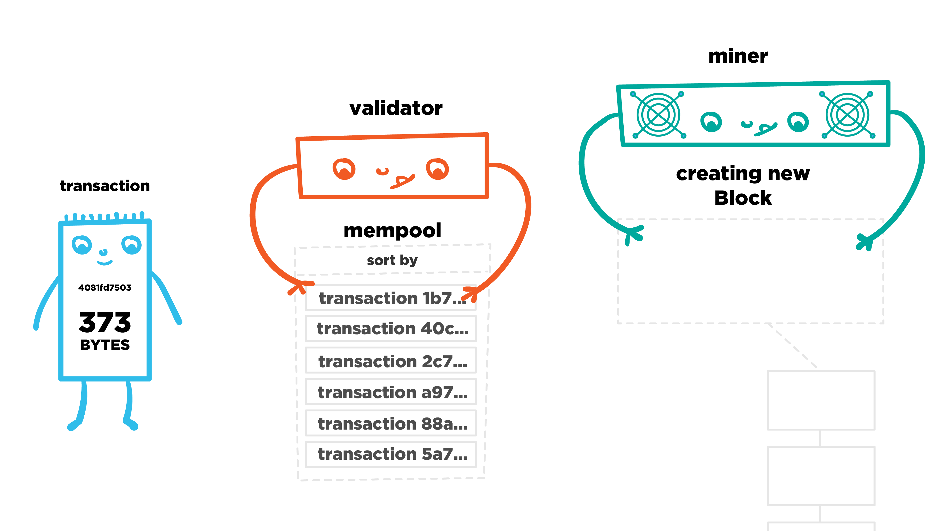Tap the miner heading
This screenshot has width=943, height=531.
tap(738, 56)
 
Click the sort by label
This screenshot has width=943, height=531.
tap(392, 260)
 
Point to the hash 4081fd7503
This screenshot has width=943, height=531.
tap(105, 288)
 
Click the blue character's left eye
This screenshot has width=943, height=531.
tap(82, 245)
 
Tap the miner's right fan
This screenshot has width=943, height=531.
tap(847, 115)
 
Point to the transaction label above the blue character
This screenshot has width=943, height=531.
tap(105, 186)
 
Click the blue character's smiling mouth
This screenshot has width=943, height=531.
tap(105, 262)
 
